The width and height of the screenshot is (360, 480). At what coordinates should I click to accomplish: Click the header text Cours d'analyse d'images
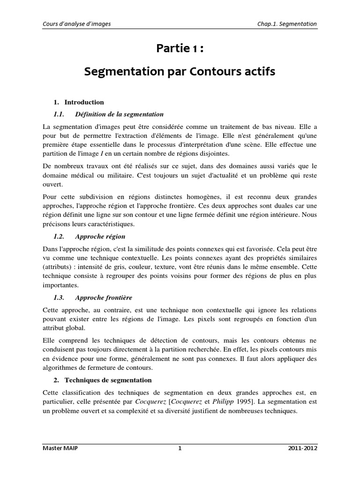(x=76, y=24)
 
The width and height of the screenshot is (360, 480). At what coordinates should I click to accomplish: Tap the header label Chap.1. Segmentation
(x=287, y=24)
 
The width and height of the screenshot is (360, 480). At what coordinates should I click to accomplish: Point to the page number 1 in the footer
(x=180, y=448)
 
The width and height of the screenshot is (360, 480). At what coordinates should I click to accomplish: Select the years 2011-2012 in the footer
(x=302, y=448)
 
